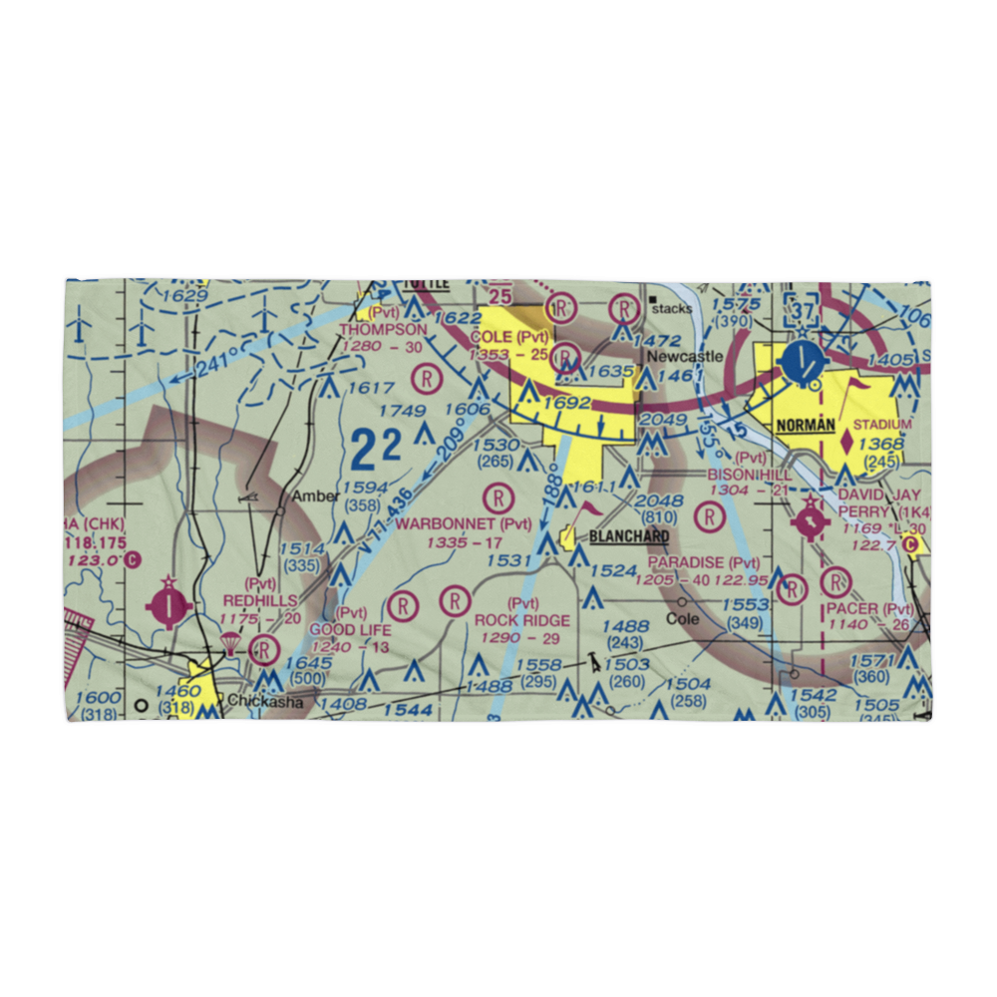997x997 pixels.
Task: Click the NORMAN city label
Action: point(806,425)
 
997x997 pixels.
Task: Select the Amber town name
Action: point(309,497)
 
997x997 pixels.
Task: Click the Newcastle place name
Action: point(685,356)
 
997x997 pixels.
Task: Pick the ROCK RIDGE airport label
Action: point(522,620)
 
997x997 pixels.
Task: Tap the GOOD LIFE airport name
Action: point(350,630)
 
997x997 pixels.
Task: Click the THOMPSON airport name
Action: point(383,329)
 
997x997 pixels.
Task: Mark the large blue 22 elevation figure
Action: point(377,450)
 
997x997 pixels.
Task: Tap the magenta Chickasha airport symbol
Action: point(168,603)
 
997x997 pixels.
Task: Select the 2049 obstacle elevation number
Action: point(662,420)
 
